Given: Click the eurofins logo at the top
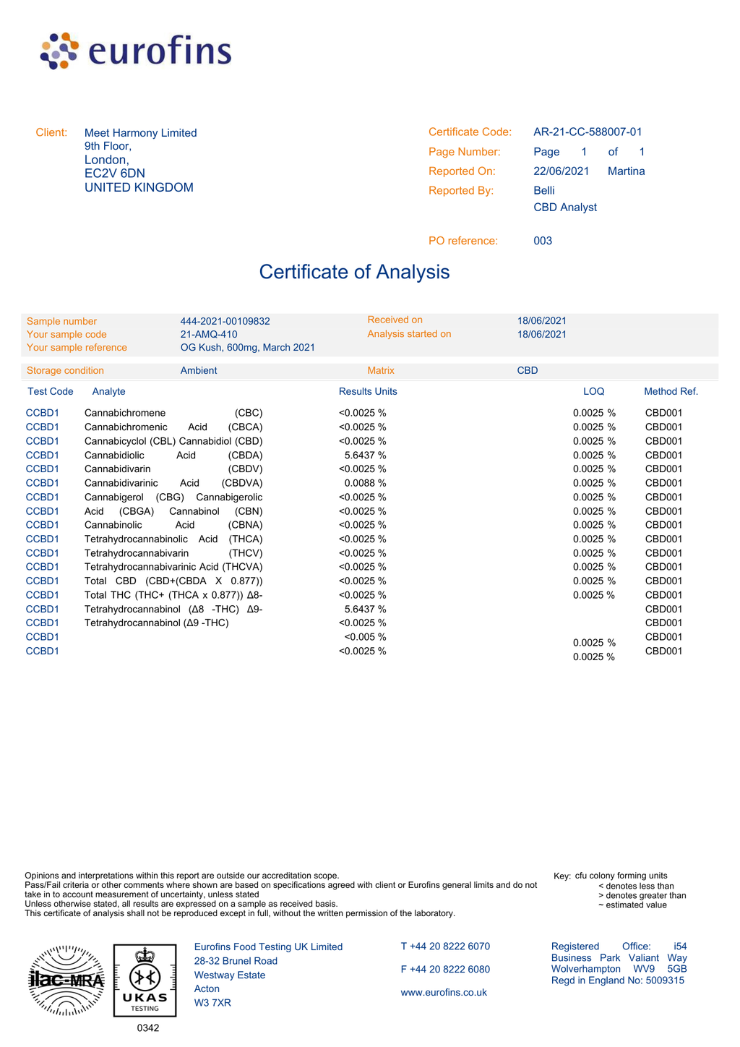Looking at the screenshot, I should [x=136, y=51].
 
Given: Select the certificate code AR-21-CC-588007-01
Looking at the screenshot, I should [x=588, y=132].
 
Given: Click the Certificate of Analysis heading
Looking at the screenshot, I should [x=354, y=272].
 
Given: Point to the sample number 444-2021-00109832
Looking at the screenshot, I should [x=225, y=321].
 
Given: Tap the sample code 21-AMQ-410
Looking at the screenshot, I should [x=209, y=334].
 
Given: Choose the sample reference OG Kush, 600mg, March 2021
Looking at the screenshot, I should [x=247, y=348].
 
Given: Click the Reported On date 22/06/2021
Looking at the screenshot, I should [x=561, y=171].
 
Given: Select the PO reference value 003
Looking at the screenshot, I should [x=543, y=241].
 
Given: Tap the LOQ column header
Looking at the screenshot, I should [x=593, y=391].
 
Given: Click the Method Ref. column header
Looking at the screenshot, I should [x=671, y=391].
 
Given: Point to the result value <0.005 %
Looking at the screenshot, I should [x=365, y=637].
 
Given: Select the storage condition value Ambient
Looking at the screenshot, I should [x=199, y=371].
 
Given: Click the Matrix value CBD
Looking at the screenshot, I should [x=528, y=371].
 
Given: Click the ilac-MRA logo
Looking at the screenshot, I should [x=66, y=980].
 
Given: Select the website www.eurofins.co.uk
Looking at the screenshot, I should [x=444, y=993].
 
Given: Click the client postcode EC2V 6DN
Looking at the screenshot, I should [x=115, y=174].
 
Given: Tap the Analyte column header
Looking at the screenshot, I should [x=108, y=391].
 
